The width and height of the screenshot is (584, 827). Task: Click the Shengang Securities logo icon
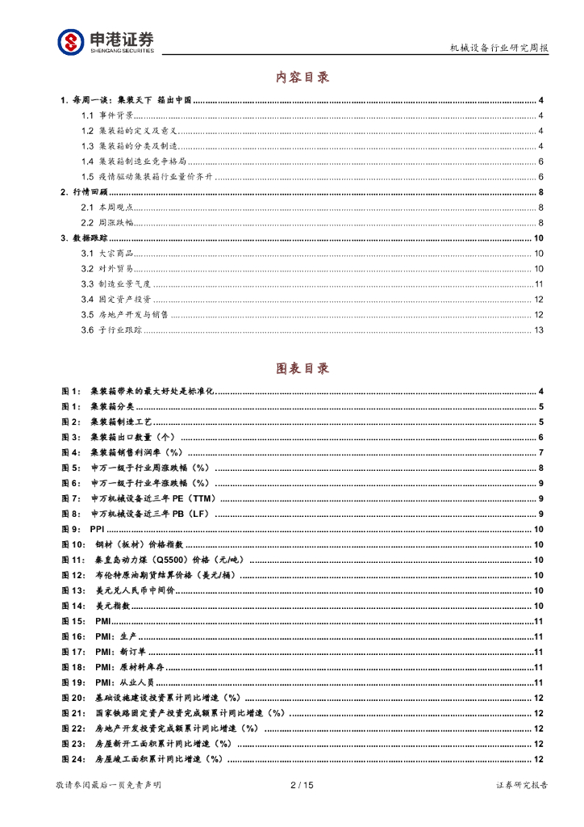point(71,41)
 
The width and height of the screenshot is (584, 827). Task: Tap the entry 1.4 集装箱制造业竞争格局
point(134,162)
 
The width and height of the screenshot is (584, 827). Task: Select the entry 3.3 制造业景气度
point(116,284)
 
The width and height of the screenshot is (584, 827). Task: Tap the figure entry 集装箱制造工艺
point(120,422)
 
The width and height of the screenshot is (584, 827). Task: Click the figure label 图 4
point(71,452)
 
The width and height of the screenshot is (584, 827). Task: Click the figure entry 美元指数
point(112,606)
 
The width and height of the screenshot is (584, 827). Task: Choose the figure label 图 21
point(73,713)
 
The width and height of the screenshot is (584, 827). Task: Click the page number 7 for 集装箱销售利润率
point(541,452)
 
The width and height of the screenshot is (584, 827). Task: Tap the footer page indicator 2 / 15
point(301,785)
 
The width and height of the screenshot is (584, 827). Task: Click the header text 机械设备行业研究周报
point(498,48)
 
